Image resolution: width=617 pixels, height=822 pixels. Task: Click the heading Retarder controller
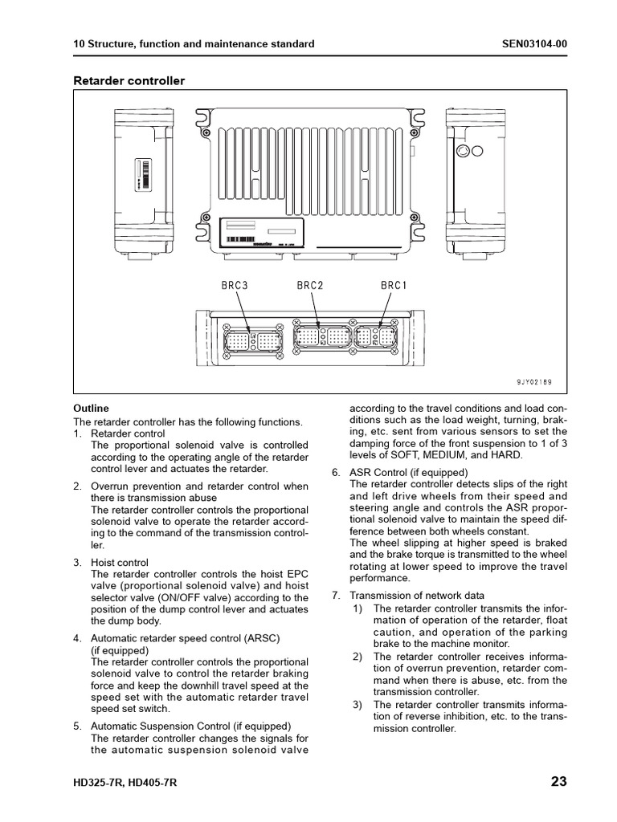[x=129, y=80]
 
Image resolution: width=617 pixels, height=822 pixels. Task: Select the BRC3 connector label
[x=235, y=286]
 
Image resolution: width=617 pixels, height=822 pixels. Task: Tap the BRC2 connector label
[x=310, y=286]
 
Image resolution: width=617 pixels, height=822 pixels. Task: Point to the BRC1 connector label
[x=394, y=286]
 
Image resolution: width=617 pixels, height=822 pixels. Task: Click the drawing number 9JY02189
[x=534, y=382]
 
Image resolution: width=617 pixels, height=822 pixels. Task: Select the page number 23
[x=559, y=781]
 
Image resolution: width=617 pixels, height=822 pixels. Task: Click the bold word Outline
[x=91, y=409]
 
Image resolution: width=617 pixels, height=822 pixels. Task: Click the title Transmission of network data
[x=417, y=596]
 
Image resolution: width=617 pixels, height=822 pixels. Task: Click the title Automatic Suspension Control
[x=171, y=726]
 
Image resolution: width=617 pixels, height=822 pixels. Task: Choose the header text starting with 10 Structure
[x=194, y=43]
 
